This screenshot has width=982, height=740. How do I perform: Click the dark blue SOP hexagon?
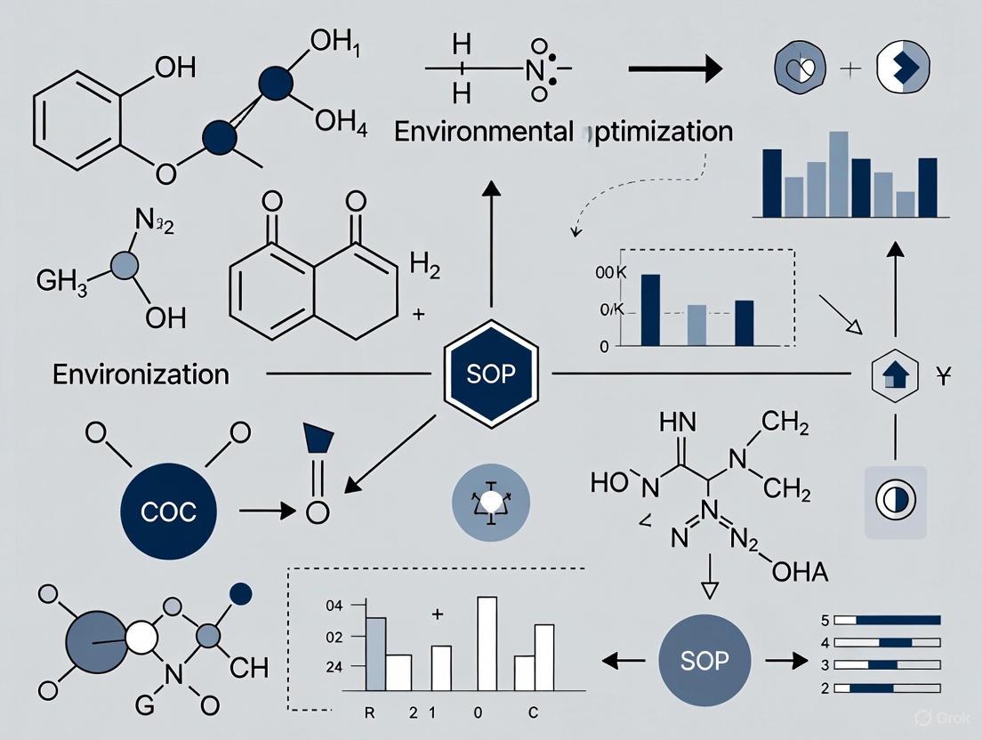[491, 374]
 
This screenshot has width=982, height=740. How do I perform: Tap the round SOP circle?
[704, 660]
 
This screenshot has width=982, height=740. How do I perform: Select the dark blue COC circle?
[170, 511]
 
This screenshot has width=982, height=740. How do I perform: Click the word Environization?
[141, 374]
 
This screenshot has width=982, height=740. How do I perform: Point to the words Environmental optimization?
[563, 132]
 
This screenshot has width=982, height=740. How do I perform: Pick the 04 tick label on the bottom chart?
[334, 607]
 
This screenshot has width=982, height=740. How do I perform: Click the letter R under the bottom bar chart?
[370, 713]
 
